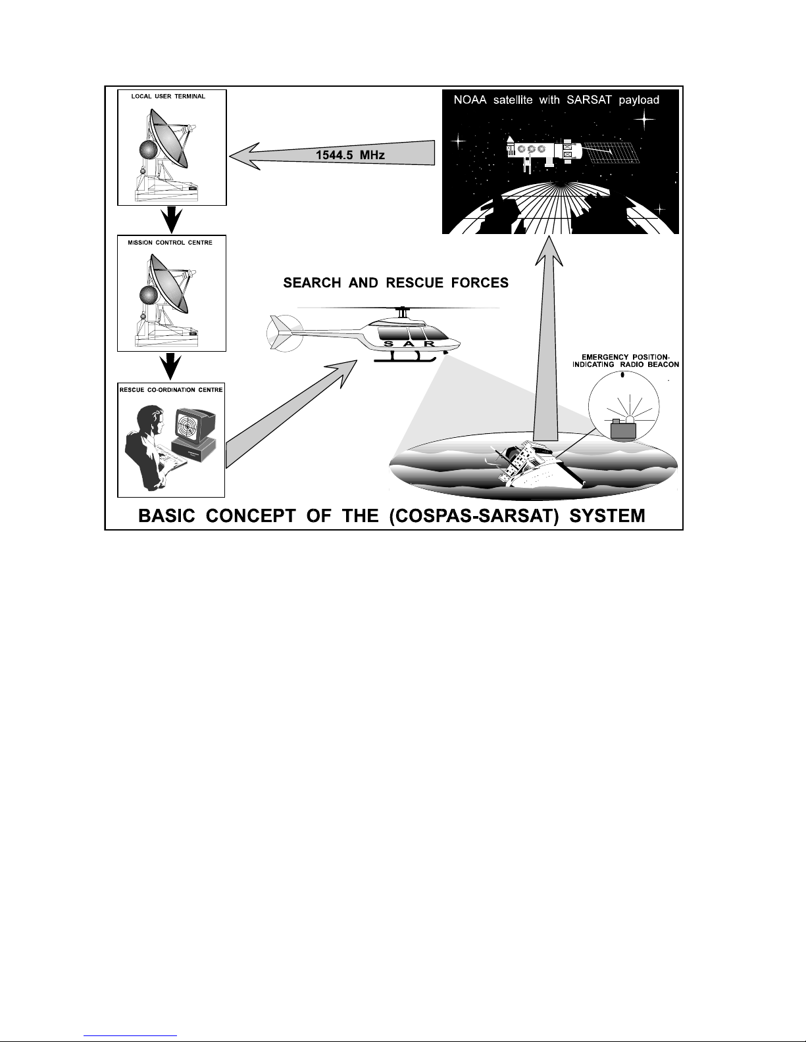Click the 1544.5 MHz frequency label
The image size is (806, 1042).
pyautogui.click(x=350, y=155)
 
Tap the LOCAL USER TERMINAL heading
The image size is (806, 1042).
pyautogui.click(x=168, y=97)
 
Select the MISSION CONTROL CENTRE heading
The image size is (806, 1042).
pyautogui.click(x=170, y=243)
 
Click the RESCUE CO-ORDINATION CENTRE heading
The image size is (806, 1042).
pyautogui.click(x=171, y=390)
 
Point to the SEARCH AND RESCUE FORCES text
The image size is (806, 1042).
pyautogui.click(x=396, y=283)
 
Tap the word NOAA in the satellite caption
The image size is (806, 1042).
pyautogui.click(x=470, y=100)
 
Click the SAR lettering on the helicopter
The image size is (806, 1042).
pyautogui.click(x=409, y=344)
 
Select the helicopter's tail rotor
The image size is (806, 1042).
pyautogui.click(x=285, y=333)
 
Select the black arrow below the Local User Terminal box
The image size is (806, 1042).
pyautogui.click(x=171, y=220)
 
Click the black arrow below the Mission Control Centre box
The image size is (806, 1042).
pyautogui.click(x=171, y=367)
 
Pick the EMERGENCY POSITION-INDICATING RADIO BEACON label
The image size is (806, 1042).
pyautogui.click(x=626, y=361)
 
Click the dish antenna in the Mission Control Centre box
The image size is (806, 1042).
pyautogui.click(x=168, y=282)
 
